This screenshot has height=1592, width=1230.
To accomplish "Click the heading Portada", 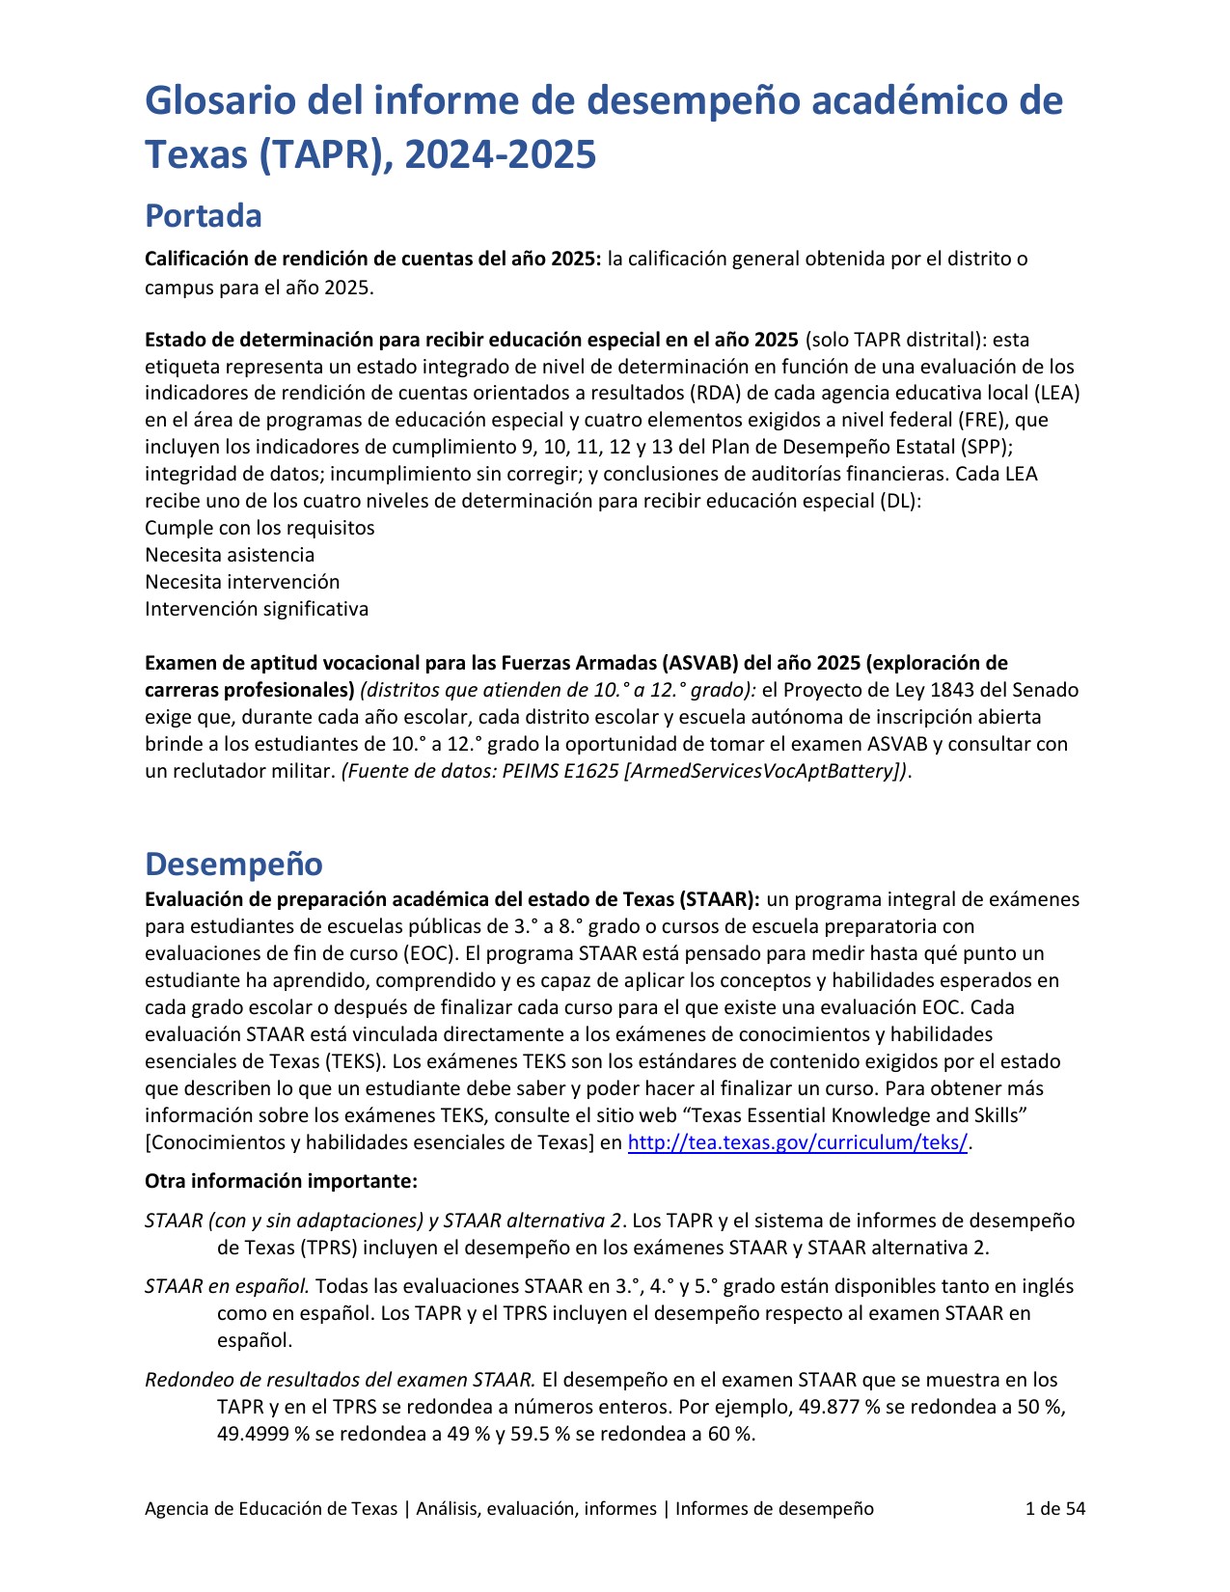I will point(203,216).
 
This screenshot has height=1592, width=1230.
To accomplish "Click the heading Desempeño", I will point(233,865).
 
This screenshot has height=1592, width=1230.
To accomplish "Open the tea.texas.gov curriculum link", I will point(797,1143).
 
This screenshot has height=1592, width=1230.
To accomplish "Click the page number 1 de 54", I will point(1054,1509).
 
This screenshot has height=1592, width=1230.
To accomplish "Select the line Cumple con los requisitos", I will point(260,528).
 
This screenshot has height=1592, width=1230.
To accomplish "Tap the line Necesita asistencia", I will point(230,555).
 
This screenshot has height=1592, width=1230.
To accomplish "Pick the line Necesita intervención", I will point(242,582).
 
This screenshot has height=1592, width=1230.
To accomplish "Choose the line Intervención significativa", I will point(257,609).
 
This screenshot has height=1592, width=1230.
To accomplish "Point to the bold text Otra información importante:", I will point(281,1182).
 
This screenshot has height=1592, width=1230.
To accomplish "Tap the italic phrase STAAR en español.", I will point(227,1287).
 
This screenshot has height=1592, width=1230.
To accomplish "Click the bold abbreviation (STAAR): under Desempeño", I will point(719,900).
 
